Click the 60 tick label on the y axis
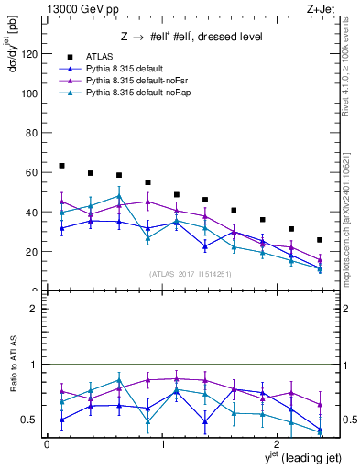[30, 172]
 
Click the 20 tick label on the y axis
[30, 252]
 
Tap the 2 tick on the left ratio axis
[34, 309]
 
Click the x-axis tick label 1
[162, 443]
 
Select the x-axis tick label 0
[47, 443]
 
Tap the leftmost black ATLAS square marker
[61, 166]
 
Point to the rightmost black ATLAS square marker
[320, 240]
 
